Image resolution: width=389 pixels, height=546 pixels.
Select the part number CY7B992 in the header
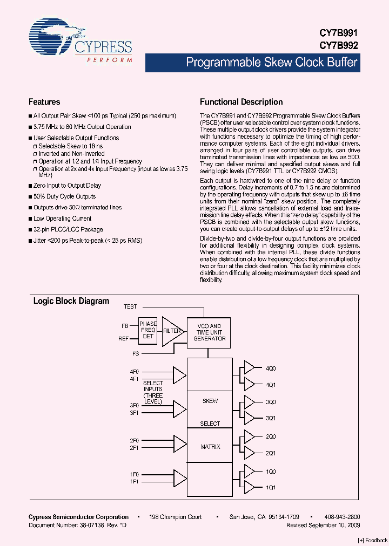(x=342, y=46)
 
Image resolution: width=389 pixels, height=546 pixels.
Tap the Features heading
(x=44, y=102)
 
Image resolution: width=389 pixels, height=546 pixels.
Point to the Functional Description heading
(x=241, y=102)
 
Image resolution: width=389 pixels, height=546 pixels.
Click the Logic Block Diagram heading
(x=71, y=301)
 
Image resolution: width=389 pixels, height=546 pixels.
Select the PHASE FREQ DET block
(x=148, y=331)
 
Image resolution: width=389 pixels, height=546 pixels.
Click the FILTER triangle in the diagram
(x=172, y=331)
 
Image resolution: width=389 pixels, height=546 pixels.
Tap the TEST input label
(x=130, y=306)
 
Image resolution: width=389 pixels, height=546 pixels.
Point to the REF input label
(x=124, y=339)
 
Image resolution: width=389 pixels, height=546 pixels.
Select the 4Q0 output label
(x=271, y=368)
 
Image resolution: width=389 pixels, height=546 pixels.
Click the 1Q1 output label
(x=271, y=487)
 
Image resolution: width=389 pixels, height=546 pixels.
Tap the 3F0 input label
(x=135, y=405)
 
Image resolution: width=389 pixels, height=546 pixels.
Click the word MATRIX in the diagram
(x=210, y=447)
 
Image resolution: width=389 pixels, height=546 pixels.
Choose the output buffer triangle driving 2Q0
(x=250, y=436)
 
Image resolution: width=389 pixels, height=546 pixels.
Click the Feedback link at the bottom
(x=373, y=540)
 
